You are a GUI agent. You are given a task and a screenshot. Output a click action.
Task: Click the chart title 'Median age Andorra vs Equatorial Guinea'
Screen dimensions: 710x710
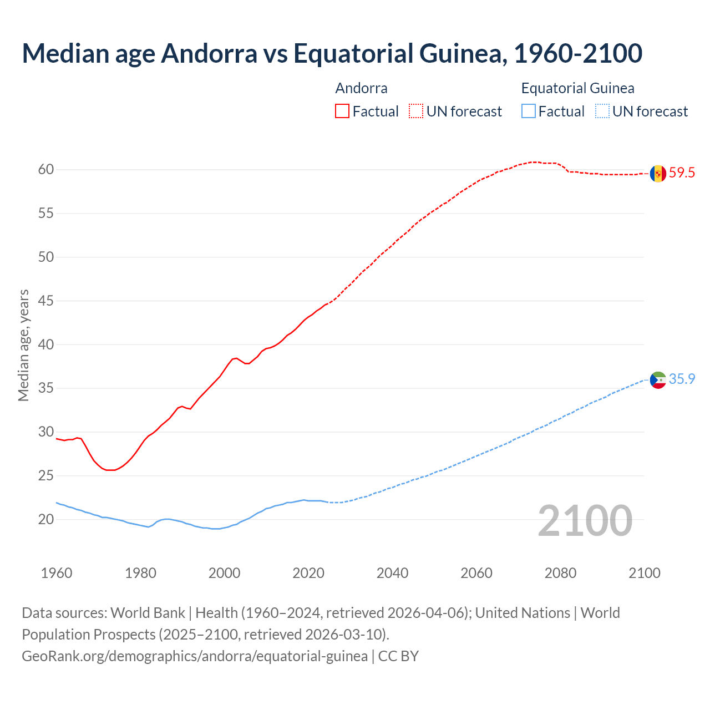pyautogui.click(x=332, y=53)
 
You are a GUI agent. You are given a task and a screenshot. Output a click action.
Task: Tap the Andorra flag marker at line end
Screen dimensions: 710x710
pyautogui.click(x=658, y=173)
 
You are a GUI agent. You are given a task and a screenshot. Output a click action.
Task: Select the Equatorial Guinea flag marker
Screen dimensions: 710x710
pyautogui.click(x=658, y=380)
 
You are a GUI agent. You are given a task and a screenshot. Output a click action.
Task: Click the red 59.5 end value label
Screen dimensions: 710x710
pyautogui.click(x=682, y=173)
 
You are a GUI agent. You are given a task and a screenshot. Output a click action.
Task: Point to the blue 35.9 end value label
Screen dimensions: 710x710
pyautogui.click(x=682, y=379)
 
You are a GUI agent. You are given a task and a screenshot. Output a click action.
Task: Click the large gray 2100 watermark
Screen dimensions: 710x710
pyautogui.click(x=585, y=520)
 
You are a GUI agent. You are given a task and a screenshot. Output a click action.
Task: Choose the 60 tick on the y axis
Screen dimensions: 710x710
pyautogui.click(x=46, y=170)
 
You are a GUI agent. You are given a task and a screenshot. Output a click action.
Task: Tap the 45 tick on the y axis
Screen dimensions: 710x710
pyautogui.click(x=46, y=301)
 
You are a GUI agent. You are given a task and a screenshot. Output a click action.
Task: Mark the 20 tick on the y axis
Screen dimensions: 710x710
pyautogui.click(x=46, y=520)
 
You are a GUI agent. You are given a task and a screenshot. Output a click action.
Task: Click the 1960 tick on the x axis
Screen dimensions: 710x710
pyautogui.click(x=57, y=573)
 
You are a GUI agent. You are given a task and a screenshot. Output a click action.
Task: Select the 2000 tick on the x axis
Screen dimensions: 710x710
pyautogui.click(x=225, y=573)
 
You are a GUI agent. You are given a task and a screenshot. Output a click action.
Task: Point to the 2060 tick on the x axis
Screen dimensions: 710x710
pyautogui.click(x=476, y=573)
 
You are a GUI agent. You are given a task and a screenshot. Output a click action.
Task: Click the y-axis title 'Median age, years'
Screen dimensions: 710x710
pyautogui.click(x=23, y=345)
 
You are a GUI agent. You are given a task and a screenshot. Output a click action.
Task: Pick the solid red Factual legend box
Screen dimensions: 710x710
pyautogui.click(x=342, y=111)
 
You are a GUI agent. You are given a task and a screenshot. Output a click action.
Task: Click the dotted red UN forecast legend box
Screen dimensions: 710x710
pyautogui.click(x=416, y=111)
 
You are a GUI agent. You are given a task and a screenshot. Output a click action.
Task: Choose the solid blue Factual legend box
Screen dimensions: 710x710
pyautogui.click(x=529, y=111)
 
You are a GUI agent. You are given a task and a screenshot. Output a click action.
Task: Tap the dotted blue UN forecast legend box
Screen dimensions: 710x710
pyautogui.click(x=602, y=111)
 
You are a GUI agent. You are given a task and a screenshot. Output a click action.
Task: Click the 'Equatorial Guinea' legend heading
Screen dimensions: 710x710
pyautogui.click(x=577, y=88)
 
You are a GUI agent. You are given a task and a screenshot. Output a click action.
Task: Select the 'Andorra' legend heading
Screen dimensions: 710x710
pyautogui.click(x=361, y=88)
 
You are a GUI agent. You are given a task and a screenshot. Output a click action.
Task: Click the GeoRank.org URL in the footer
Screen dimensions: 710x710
pyautogui.click(x=195, y=656)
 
